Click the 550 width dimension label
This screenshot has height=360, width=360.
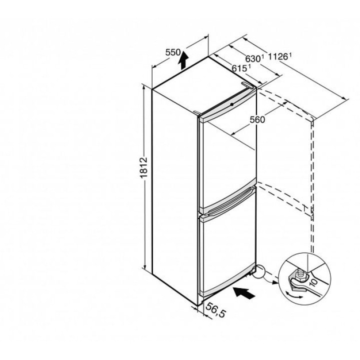173,52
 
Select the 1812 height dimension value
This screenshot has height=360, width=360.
143,168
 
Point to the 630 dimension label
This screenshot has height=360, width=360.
253,58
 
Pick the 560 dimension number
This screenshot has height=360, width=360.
257,119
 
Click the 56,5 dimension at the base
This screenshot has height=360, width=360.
215,310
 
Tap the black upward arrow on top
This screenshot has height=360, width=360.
183,60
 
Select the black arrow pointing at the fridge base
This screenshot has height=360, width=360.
244,293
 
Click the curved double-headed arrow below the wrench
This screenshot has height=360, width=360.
294,295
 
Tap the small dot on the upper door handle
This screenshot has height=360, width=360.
232,104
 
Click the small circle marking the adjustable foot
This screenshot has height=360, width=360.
258,271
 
